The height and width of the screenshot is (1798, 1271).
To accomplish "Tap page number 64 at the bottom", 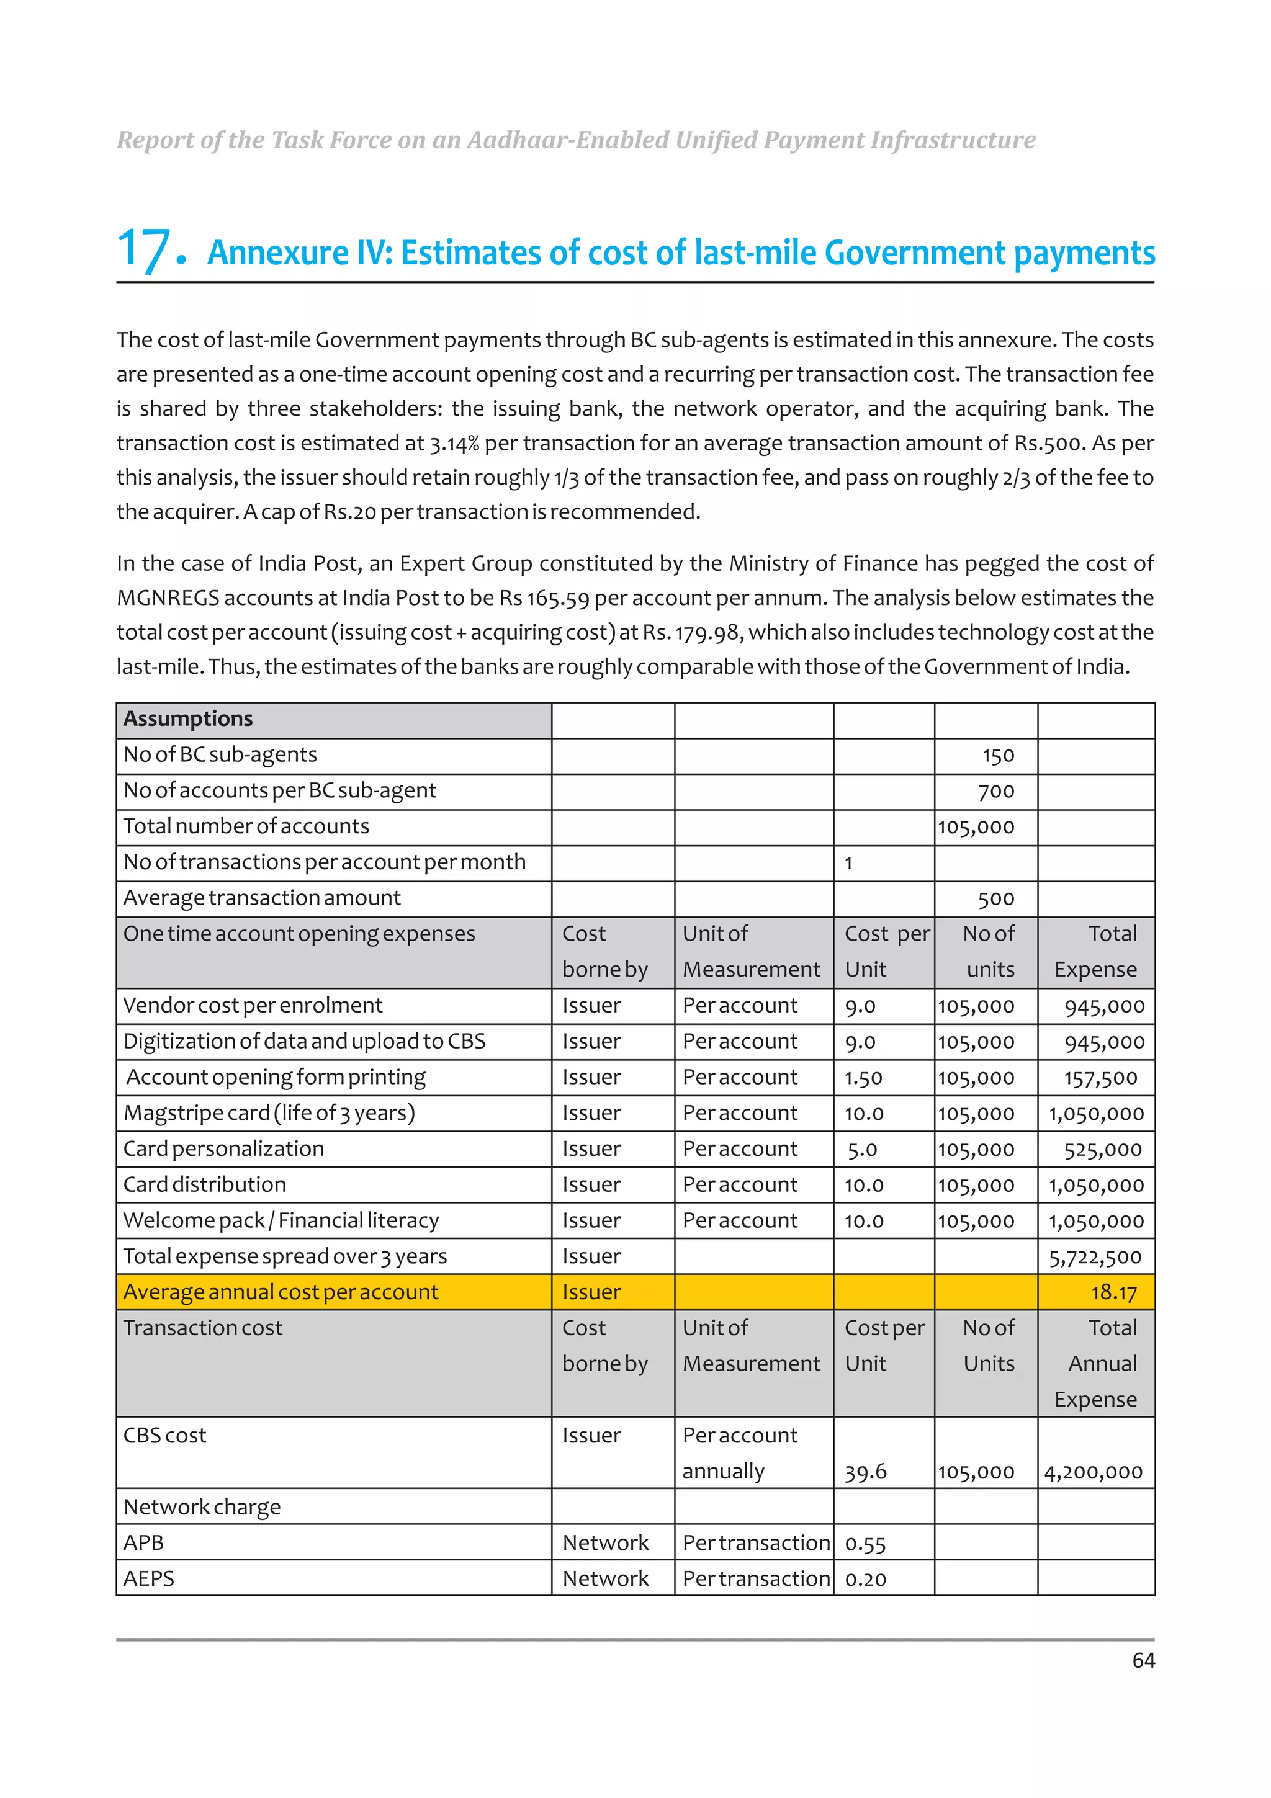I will pos(1143,1660).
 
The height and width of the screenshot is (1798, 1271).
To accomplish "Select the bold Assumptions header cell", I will pos(188,719).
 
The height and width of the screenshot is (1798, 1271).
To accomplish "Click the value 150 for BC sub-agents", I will pos(998,756).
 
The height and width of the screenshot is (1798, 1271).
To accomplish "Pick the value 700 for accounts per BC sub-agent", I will pos(996,792).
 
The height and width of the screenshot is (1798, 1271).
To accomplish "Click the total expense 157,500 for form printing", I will pos(1100,1078).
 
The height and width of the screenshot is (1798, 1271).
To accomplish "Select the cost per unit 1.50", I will pos(863,1078).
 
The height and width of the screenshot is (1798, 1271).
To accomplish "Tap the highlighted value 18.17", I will pos(1113,1293).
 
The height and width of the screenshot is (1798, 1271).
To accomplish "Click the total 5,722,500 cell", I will pos(1095,1258).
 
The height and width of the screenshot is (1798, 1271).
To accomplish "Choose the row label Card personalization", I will pos(223,1149).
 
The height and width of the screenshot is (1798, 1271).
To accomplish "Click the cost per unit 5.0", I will pos(862,1150).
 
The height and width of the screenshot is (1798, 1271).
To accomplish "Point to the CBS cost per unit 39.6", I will pos(865,1472).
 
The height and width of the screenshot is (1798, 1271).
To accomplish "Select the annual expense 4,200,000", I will pos(1094,1472).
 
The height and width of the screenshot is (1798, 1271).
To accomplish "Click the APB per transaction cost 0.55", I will pos(865,1544).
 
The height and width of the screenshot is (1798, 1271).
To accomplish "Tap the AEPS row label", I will pos(149,1579).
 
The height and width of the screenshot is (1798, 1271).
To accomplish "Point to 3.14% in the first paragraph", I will pos(454,443).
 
